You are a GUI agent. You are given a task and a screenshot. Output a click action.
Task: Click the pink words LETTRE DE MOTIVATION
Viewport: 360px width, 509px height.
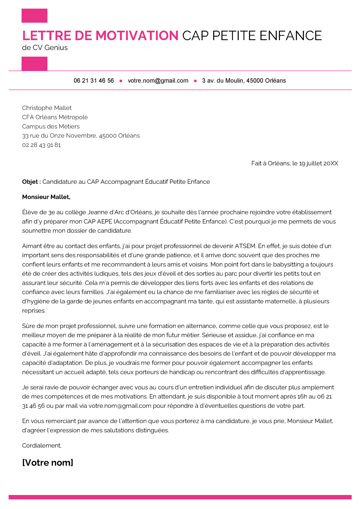tap(100, 36)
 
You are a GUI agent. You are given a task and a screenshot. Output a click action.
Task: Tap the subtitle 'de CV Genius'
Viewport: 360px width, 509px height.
tap(45, 47)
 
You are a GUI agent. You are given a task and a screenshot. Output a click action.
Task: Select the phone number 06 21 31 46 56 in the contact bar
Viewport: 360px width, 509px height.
tap(94, 81)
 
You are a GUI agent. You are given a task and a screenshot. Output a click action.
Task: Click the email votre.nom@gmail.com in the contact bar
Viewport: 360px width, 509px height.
tap(158, 81)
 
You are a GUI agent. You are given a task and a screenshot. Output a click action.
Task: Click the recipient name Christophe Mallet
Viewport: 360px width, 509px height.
tap(47, 108)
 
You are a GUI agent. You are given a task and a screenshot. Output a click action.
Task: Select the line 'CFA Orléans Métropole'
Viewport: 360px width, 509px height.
tap(55, 117)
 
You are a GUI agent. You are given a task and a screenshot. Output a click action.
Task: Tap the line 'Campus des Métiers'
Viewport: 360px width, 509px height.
tap(51, 126)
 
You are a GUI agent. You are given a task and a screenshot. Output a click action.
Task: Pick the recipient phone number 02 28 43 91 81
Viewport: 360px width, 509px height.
tap(41, 145)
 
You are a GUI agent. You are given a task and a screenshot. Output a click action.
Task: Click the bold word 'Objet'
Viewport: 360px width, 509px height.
tap(30, 182)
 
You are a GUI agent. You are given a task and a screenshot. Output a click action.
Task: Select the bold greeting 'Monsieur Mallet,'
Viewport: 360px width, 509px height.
tap(46, 197)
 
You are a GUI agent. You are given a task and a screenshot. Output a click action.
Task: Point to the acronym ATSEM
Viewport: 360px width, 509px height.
tap(245, 246)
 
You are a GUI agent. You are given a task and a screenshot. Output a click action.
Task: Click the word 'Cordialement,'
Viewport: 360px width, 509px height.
tap(42, 445)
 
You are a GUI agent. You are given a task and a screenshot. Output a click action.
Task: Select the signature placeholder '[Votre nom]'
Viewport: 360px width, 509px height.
tap(48, 463)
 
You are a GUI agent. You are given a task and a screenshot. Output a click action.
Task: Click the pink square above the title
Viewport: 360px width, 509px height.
tap(34, 16)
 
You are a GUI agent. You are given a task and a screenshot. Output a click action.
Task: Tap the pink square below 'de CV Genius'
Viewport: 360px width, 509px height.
tap(34, 64)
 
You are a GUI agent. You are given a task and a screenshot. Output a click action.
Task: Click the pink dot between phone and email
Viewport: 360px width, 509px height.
tap(121, 81)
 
